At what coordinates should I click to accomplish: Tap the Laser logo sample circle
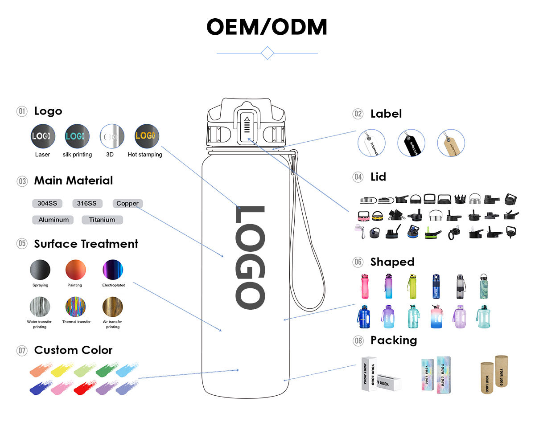pyautogui.click(x=43, y=136)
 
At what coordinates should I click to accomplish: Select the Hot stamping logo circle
pyautogui.click(x=147, y=136)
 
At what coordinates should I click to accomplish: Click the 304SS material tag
pyautogui.click(x=47, y=204)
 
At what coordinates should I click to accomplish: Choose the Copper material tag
pyautogui.click(x=128, y=204)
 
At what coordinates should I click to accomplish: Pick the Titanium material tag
pyautogui.click(x=102, y=220)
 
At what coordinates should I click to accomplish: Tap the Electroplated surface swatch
pyautogui.click(x=113, y=270)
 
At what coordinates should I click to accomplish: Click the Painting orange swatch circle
pyautogui.click(x=75, y=270)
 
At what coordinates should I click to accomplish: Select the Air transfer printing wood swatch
pyautogui.click(x=113, y=307)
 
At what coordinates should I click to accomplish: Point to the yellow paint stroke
pyautogui.click(x=62, y=369)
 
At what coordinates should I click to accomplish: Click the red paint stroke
pyautogui.click(x=84, y=387)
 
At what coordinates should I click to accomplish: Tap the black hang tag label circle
pyautogui.click(x=411, y=143)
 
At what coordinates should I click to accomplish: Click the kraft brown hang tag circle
pyautogui.click(x=451, y=143)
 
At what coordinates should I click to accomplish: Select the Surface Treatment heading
pyautogui.click(x=86, y=244)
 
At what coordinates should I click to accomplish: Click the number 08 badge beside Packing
pyautogui.click(x=358, y=341)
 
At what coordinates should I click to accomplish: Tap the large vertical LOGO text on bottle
pyautogui.click(x=250, y=258)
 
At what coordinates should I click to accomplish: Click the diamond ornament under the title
pyautogui.click(x=267, y=53)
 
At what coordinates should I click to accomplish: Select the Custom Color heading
pyautogui.click(x=73, y=350)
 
